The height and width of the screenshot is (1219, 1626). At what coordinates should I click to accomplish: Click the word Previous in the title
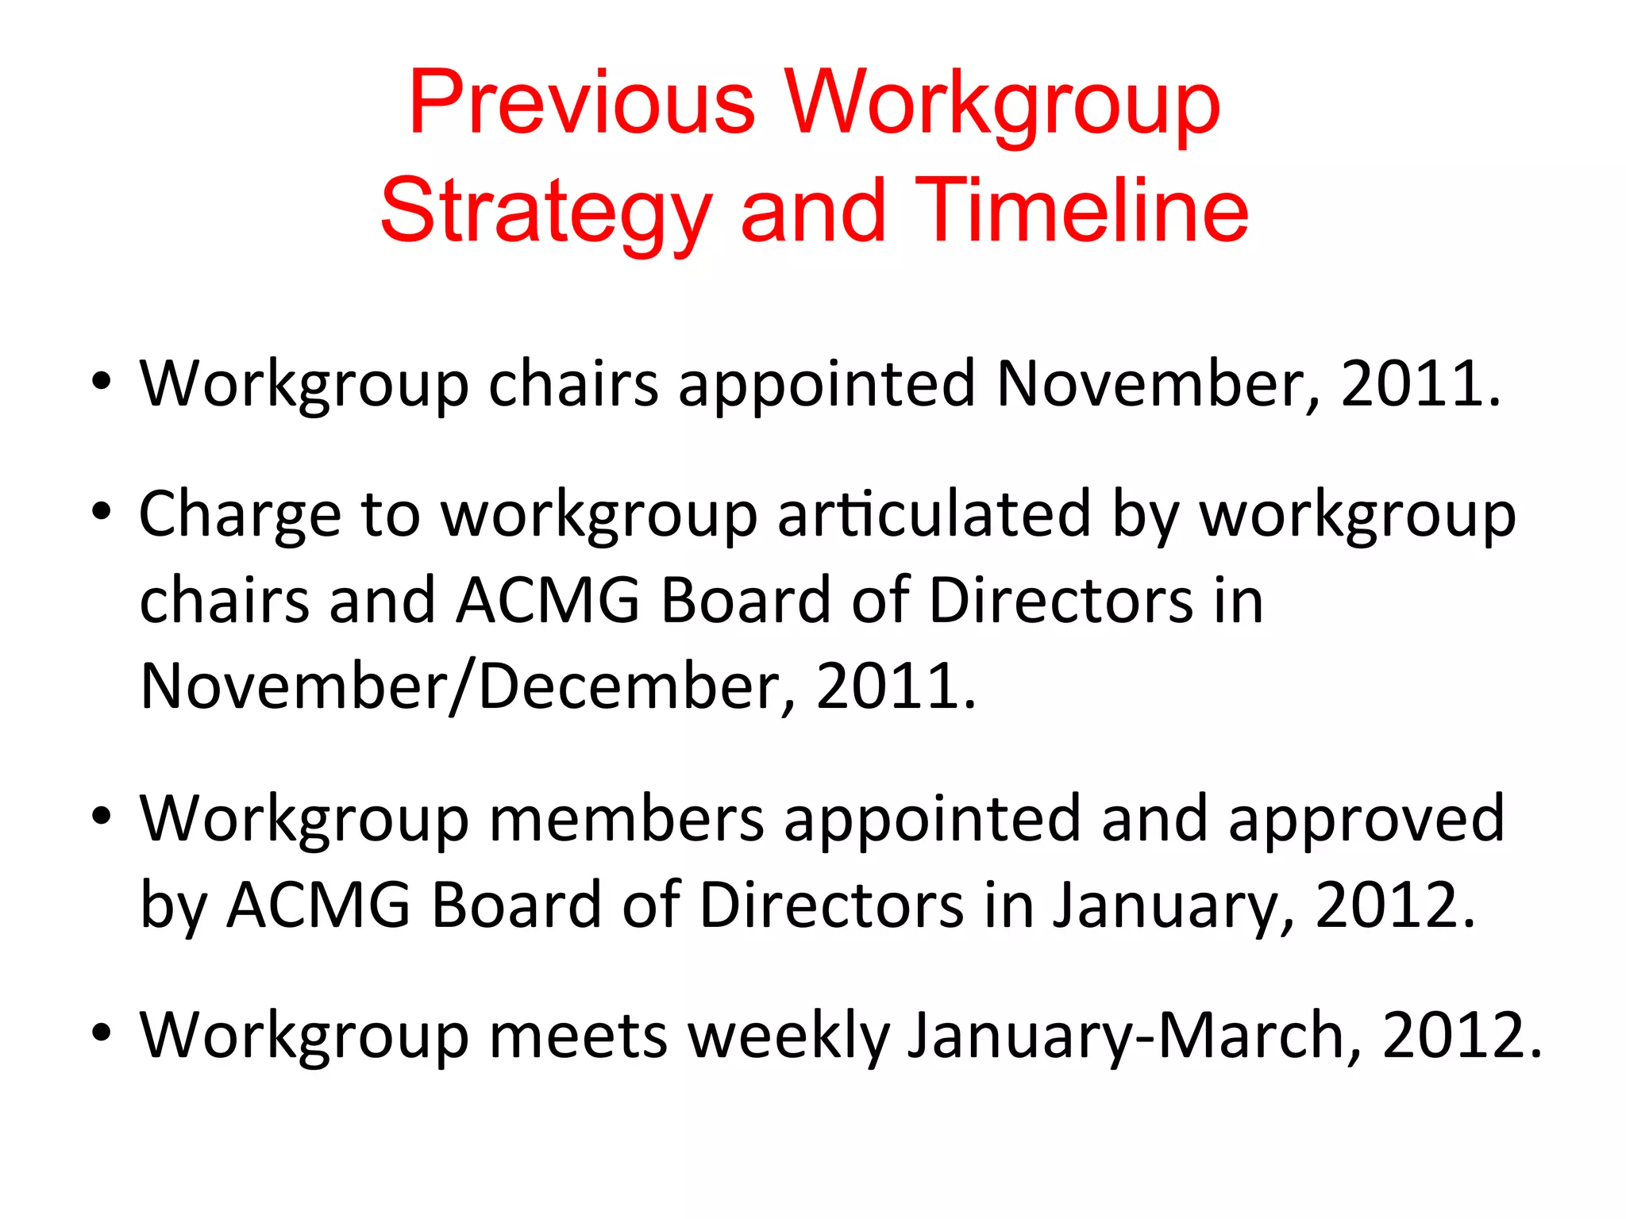(x=581, y=103)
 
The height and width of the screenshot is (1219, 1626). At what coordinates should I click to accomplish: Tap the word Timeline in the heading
(x=1081, y=210)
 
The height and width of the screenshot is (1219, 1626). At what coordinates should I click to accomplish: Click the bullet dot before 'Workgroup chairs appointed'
(x=101, y=381)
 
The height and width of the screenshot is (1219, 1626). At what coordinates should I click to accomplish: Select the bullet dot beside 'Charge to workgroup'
(x=101, y=511)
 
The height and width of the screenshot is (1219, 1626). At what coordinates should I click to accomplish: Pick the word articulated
(x=934, y=513)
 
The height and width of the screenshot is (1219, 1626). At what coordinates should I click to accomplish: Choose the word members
(x=626, y=817)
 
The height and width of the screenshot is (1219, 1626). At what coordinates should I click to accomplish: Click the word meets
(x=578, y=1035)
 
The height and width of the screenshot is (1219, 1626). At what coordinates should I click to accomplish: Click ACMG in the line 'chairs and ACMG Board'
(x=548, y=600)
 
